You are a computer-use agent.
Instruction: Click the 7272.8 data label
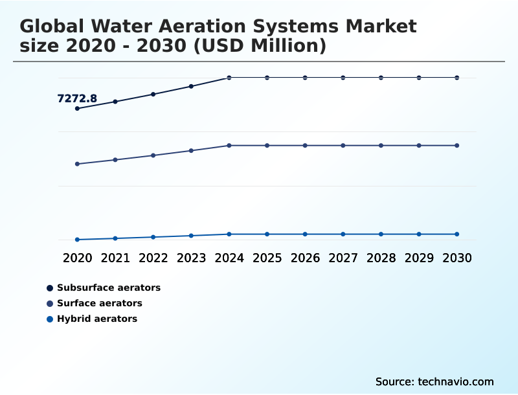(77, 98)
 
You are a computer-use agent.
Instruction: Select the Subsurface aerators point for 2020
(77, 108)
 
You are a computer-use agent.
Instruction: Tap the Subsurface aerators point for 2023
(191, 86)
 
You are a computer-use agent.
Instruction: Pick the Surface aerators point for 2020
(77, 164)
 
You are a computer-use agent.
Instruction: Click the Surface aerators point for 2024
(229, 145)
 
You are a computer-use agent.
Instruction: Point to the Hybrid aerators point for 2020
(77, 240)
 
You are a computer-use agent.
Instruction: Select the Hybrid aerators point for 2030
(457, 234)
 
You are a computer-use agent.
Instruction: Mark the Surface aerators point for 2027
(343, 145)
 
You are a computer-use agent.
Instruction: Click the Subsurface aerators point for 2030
(457, 78)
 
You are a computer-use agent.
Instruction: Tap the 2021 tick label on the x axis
(115, 258)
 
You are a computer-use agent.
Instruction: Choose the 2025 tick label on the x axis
(267, 258)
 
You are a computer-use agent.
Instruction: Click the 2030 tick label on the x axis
(457, 258)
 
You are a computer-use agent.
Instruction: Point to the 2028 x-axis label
(381, 258)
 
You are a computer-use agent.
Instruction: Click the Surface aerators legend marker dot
(50, 303)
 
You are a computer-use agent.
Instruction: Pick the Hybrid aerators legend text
(97, 319)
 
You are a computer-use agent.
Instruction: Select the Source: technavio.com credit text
(434, 381)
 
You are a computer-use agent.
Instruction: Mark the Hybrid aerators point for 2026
(305, 234)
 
